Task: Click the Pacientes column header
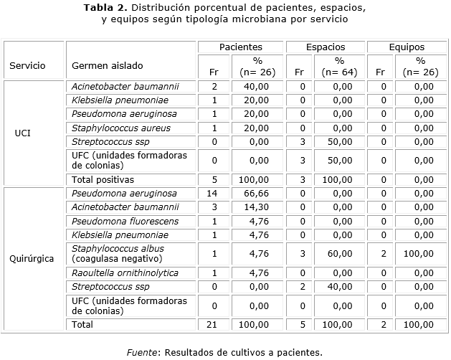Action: pyautogui.click(x=240, y=47)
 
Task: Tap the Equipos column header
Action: pyautogui.click(x=406, y=47)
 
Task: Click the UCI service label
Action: pyautogui.click(x=22, y=133)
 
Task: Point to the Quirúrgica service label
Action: pyautogui.click(x=32, y=259)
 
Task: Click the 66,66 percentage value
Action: pyautogui.click(x=256, y=194)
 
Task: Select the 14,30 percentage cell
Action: pyautogui.click(x=256, y=207)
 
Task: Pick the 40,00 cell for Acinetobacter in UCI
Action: pyautogui.click(x=256, y=87)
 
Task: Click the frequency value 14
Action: pyautogui.click(x=214, y=194)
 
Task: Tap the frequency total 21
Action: pyautogui.click(x=214, y=325)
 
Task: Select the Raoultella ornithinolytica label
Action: pyautogui.click(x=125, y=273)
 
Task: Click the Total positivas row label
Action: pyautogui.click(x=103, y=179)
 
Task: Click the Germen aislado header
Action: pyautogui.click(x=107, y=66)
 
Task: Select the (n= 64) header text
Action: pyautogui.click(x=339, y=72)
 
